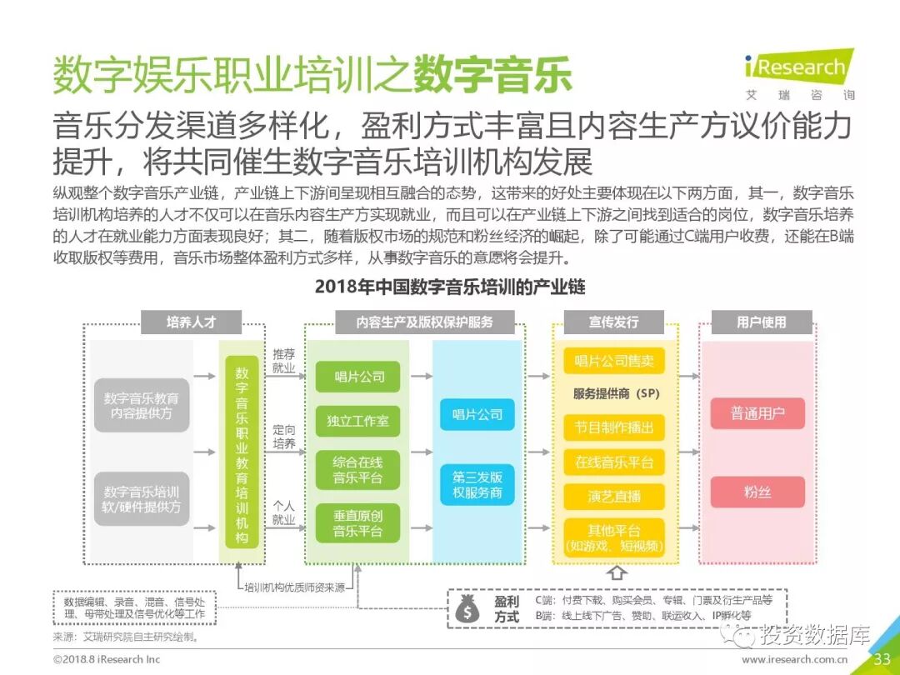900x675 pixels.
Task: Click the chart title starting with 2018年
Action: pyautogui.click(x=450, y=287)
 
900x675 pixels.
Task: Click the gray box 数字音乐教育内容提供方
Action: pyautogui.click(x=142, y=406)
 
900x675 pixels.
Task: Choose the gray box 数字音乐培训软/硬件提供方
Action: pyautogui.click(x=142, y=498)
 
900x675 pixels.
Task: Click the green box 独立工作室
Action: pyautogui.click(x=357, y=421)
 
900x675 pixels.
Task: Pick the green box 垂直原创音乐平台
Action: pyautogui.click(x=357, y=522)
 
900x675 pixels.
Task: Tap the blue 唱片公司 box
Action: pyautogui.click(x=477, y=414)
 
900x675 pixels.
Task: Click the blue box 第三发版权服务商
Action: pyautogui.click(x=477, y=485)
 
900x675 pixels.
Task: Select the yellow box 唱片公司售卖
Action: pyautogui.click(x=614, y=362)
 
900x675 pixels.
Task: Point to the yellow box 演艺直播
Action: pyautogui.click(x=614, y=497)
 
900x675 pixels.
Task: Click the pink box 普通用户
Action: pyautogui.click(x=757, y=413)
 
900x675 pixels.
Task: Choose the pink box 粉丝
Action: pyautogui.click(x=757, y=492)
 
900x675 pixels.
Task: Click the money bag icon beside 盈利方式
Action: pyautogui.click(x=467, y=609)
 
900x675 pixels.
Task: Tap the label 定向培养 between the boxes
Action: pyautogui.click(x=284, y=437)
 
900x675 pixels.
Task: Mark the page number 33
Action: pyautogui.click(x=882, y=659)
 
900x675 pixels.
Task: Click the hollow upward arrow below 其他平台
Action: pyautogui.click(x=617, y=572)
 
